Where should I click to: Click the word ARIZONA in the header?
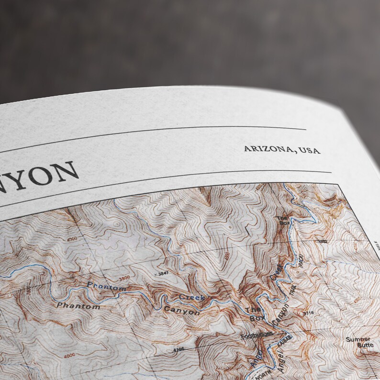click(x=268, y=149)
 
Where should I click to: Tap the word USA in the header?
click(x=310, y=150)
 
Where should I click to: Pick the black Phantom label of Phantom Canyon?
click(x=78, y=305)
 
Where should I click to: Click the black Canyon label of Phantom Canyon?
click(x=181, y=311)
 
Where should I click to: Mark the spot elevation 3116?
click(x=309, y=313)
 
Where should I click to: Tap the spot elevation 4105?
click(x=179, y=349)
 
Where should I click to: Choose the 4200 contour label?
click(x=72, y=240)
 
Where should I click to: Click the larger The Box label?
click(x=253, y=313)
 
